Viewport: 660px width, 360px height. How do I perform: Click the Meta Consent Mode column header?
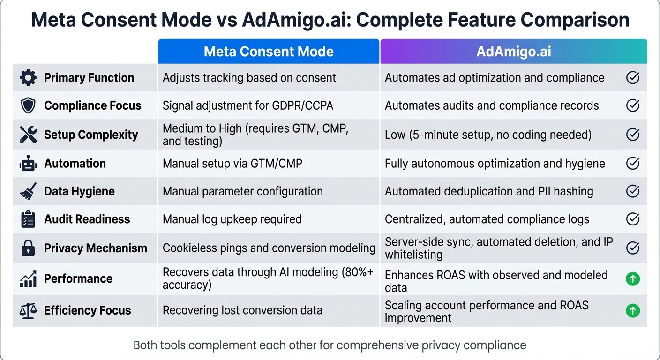pos(269,52)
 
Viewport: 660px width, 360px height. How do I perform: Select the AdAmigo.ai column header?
pos(514,52)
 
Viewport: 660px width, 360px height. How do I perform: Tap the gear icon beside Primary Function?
pos(28,78)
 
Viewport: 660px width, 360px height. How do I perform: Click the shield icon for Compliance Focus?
pos(28,106)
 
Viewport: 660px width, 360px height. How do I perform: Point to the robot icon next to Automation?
pos(28,164)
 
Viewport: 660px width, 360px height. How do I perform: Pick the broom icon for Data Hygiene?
pos(28,191)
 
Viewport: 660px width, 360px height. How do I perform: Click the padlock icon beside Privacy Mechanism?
pos(28,248)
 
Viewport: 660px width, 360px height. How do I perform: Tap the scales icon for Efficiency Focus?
pos(28,310)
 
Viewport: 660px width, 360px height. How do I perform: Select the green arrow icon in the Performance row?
pos(633,279)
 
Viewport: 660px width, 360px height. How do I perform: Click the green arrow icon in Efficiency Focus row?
pos(633,310)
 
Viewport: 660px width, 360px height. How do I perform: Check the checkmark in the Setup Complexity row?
pos(633,135)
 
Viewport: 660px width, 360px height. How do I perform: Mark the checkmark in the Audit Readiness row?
pos(633,219)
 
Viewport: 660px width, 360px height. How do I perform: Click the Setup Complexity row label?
pos(91,135)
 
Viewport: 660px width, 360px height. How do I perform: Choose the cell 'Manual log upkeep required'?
pos(232,219)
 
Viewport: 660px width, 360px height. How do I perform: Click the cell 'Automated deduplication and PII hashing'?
pos(489,191)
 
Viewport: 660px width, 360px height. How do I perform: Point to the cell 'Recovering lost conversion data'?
pos(242,310)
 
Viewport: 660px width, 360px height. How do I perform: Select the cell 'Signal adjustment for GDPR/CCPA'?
pos(248,106)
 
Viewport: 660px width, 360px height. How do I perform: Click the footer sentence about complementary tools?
pos(330,345)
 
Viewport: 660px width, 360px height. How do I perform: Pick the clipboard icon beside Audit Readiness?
pos(28,219)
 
